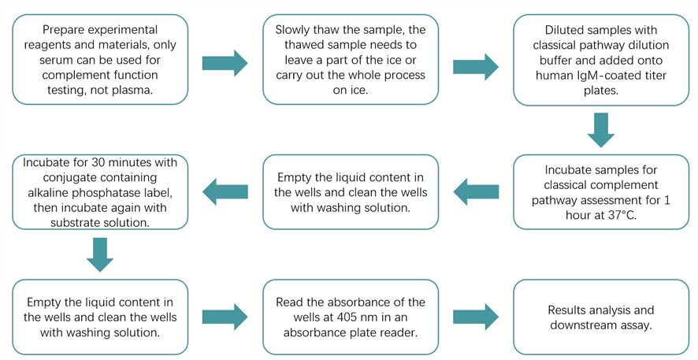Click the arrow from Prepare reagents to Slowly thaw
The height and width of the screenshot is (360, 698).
[x=225, y=62]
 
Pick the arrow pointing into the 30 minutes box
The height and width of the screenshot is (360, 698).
[x=225, y=190]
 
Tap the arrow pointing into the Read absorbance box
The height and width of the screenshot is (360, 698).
[x=225, y=317]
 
